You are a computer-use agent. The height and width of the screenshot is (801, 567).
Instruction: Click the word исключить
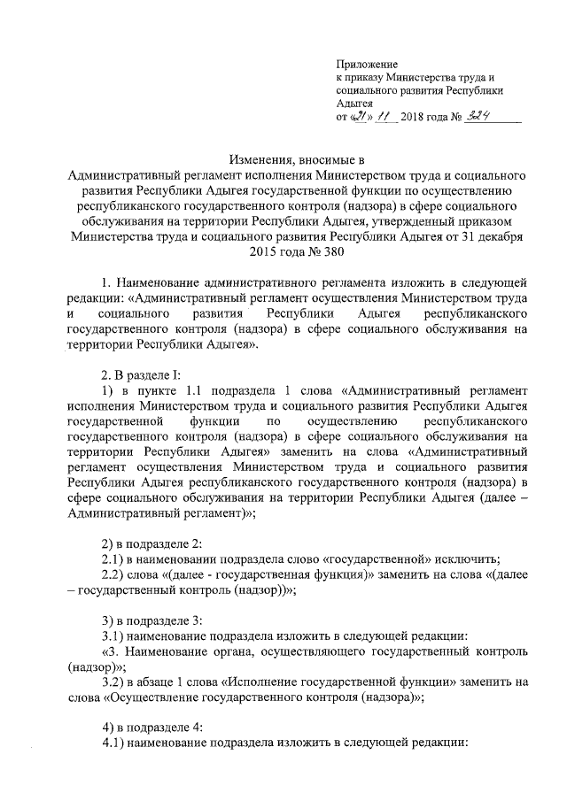tap(470, 558)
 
